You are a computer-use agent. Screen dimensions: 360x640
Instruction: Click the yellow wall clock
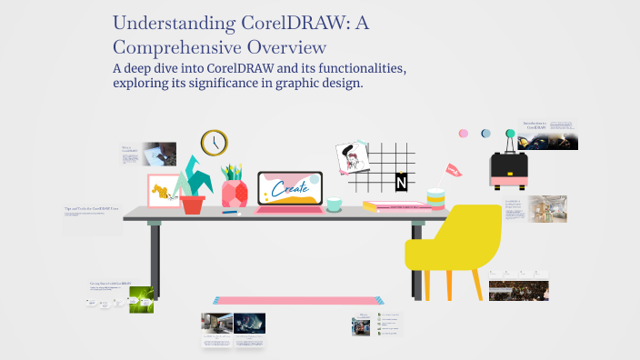pos(214,143)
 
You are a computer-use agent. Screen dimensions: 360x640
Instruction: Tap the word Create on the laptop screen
pos(290,190)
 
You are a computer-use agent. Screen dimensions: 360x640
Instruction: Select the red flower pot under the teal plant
pos(193,204)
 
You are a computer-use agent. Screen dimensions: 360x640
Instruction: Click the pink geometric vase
pos(235,193)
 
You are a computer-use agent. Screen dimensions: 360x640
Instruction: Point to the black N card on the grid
pos(401,184)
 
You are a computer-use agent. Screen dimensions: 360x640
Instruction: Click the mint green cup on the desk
pos(335,204)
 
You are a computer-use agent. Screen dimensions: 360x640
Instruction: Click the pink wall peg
pos(464,134)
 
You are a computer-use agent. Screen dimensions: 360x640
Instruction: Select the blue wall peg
pos(485,134)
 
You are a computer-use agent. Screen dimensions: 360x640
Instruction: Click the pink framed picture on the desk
pos(164,191)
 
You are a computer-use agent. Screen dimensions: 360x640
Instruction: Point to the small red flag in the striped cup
pos(453,169)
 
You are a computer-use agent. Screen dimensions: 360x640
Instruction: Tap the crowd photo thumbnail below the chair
pos(518,290)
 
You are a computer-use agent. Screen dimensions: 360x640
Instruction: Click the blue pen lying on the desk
pos(230,213)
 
